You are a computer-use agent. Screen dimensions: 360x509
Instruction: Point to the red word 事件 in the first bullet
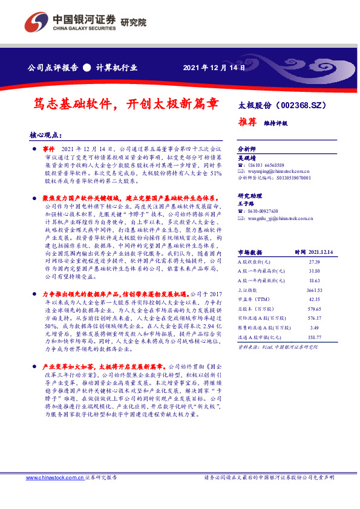coord(49,148)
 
